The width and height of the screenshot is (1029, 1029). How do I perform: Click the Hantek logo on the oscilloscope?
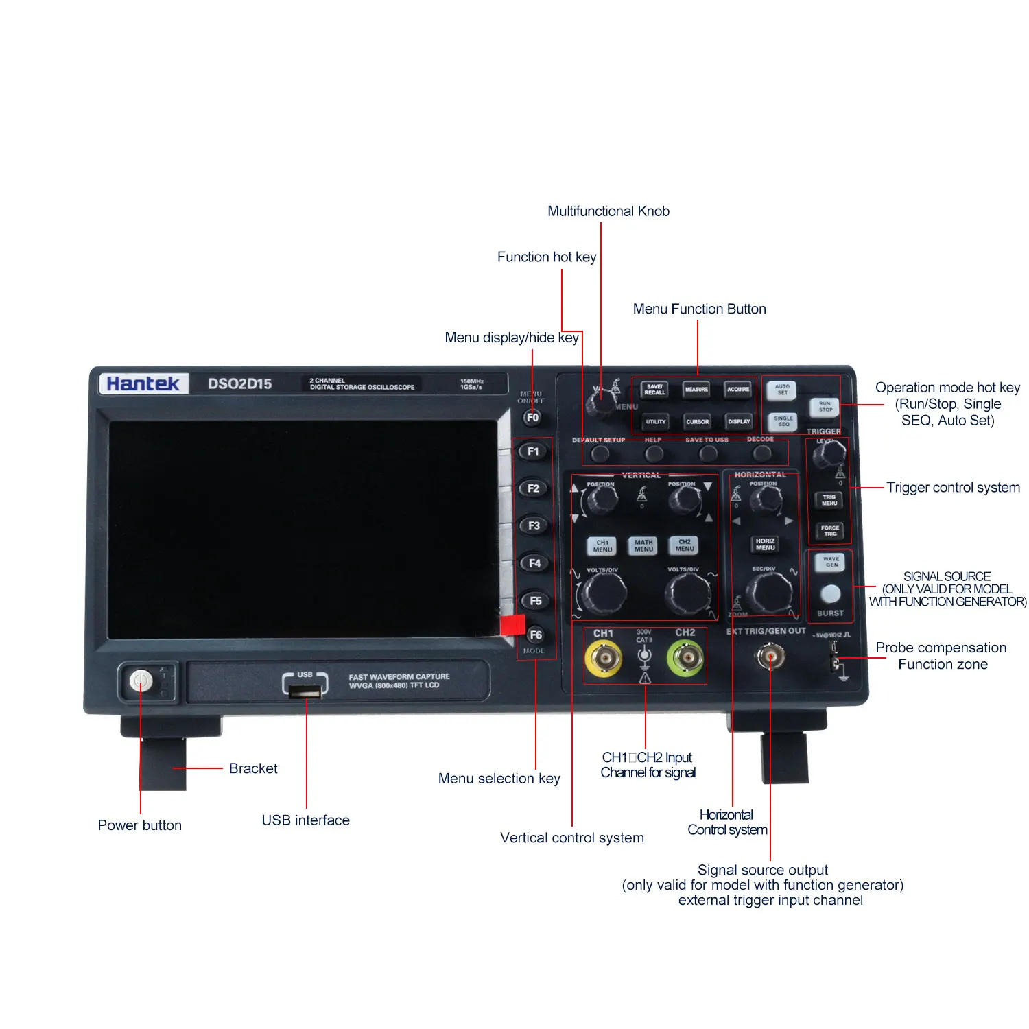point(143,383)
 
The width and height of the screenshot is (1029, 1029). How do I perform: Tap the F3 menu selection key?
point(534,525)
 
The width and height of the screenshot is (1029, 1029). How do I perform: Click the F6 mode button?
point(535,635)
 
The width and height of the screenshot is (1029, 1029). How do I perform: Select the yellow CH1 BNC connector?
point(604,659)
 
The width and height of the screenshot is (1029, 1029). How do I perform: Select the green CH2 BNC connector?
point(685,659)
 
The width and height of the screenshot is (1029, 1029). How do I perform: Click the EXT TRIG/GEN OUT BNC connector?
point(770,658)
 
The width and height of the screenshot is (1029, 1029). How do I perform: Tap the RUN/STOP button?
point(825,407)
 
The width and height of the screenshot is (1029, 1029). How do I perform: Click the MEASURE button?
point(696,390)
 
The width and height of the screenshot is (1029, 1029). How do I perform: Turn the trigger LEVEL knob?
point(829,455)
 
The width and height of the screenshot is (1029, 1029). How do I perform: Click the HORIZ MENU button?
point(765,545)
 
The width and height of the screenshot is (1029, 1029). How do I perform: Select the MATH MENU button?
point(643,545)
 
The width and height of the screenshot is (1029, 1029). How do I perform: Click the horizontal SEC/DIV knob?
point(768,591)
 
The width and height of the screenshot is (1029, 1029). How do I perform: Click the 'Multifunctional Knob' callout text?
point(608,211)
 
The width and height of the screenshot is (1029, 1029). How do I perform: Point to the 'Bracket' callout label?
point(253,768)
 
